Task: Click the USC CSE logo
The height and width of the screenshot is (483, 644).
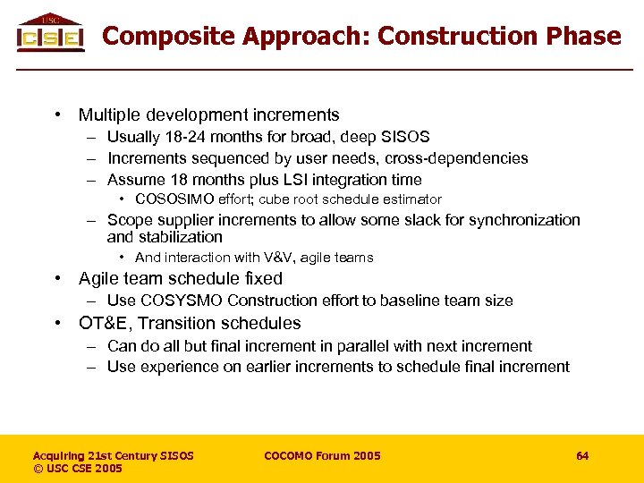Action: [50, 33]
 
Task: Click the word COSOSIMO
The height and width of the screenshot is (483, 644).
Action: [170, 199]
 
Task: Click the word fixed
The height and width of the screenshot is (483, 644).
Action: [262, 279]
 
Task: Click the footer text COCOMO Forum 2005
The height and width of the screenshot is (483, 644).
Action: [322, 456]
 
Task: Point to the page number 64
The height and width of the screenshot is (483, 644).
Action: [582, 456]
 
